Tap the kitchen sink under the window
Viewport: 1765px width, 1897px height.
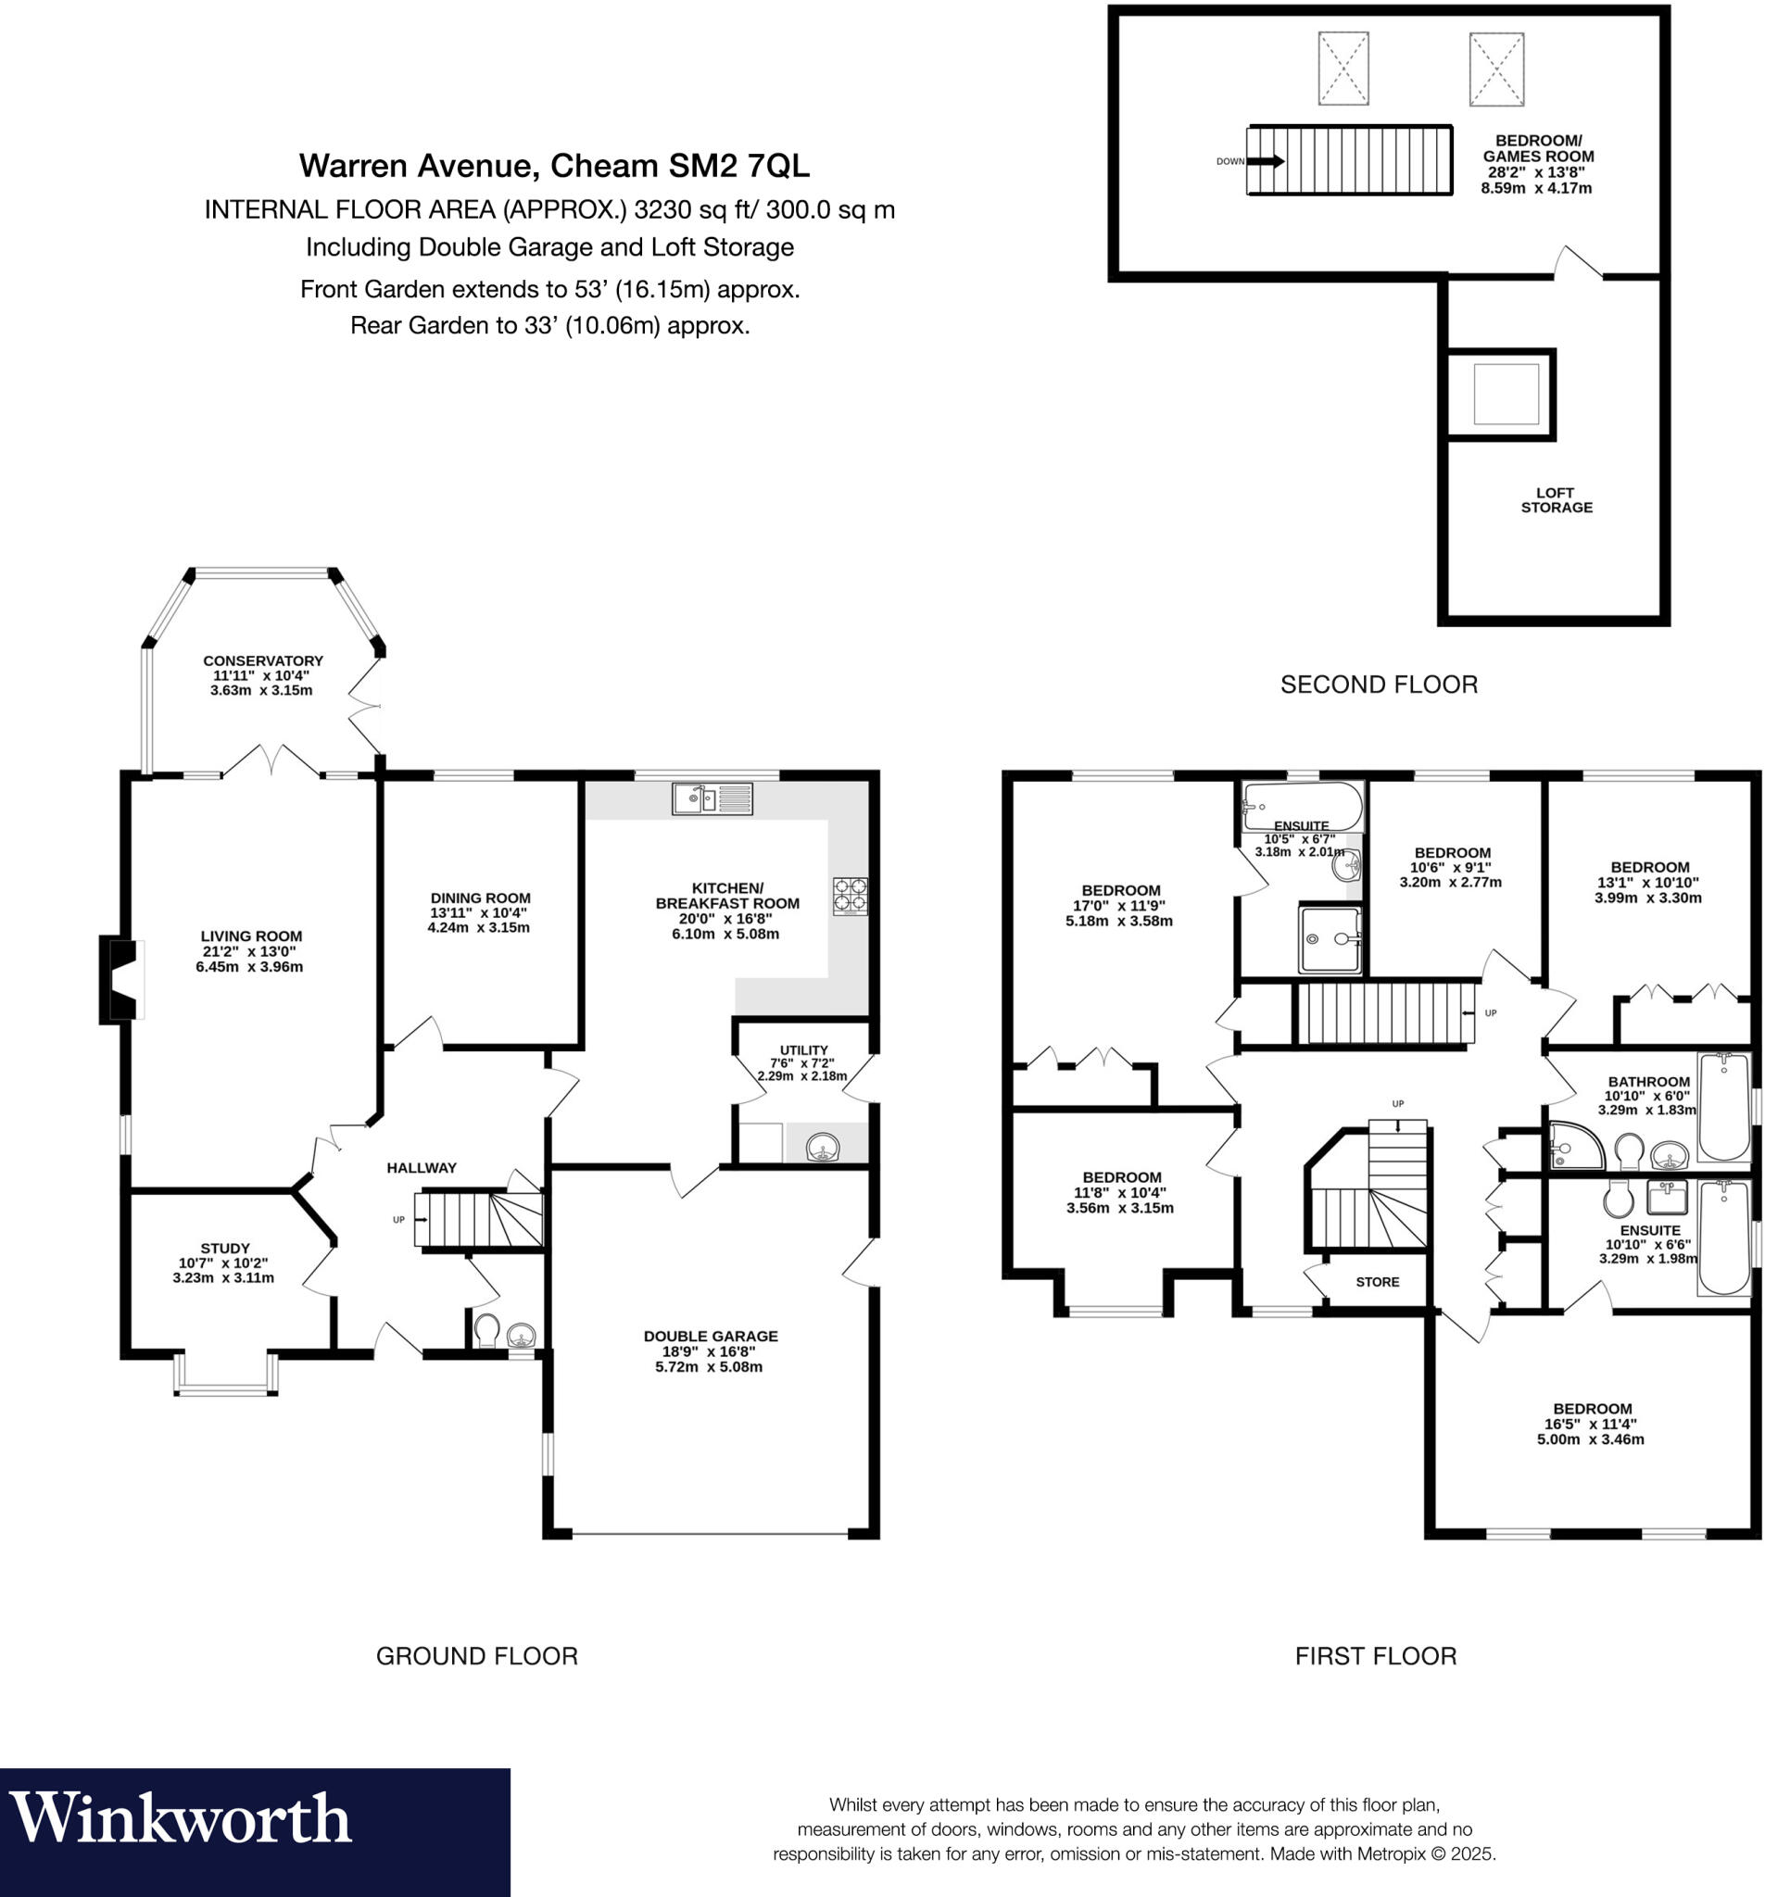point(712,798)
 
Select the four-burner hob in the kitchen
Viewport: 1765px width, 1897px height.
point(850,896)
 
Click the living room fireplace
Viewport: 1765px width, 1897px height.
point(121,981)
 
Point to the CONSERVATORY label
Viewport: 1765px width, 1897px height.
point(262,660)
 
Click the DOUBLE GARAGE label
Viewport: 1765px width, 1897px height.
point(711,1336)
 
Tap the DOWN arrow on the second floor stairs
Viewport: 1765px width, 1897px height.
point(1265,161)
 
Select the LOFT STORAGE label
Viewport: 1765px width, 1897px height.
point(1555,500)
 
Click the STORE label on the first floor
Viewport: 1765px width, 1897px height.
point(1377,1282)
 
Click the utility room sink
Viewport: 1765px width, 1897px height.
point(822,1147)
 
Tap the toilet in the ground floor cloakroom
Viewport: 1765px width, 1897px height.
point(485,1329)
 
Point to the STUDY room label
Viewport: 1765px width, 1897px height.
point(224,1248)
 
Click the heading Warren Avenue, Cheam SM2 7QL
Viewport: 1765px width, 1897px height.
point(554,166)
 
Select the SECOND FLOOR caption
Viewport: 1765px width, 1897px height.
point(1378,685)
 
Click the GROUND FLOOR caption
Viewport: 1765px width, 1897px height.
point(476,1655)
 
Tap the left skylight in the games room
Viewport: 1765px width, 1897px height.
point(1343,68)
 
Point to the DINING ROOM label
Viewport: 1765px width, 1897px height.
point(480,898)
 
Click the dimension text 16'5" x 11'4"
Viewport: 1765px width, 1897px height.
point(1590,1424)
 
